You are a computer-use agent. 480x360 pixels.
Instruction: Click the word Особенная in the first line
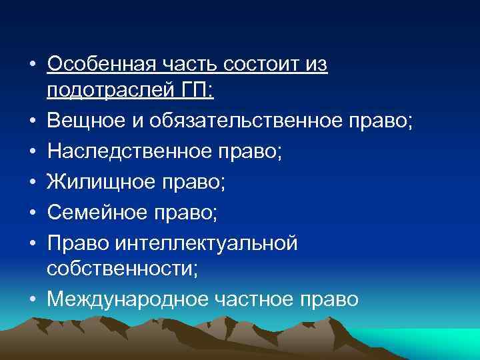(x=101, y=65)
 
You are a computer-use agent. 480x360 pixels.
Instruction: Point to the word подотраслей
(x=107, y=90)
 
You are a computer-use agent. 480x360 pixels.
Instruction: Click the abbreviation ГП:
(x=193, y=90)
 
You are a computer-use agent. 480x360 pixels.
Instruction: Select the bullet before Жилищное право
(x=32, y=183)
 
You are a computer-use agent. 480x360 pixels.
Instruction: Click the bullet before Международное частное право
(x=32, y=300)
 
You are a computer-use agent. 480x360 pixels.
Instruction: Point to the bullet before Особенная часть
(x=32, y=65)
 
